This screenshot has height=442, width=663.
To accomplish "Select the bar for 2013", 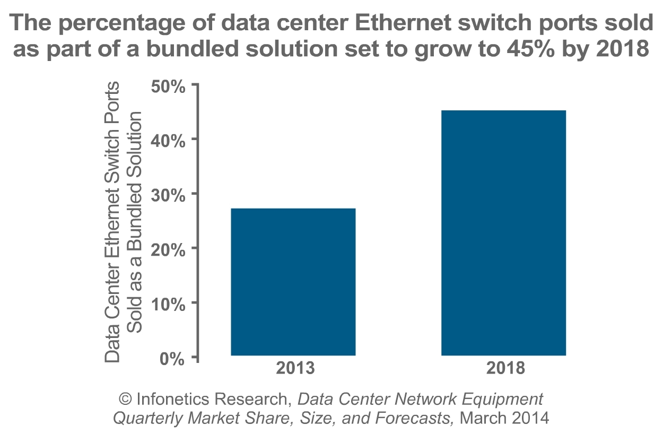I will coord(293,282).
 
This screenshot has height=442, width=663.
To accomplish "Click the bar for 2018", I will coord(503,233).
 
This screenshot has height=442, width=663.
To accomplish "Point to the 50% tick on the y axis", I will coord(168,85).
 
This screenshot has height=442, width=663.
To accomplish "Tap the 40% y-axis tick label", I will coord(168,140).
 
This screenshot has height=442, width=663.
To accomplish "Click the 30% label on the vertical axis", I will coord(168,195).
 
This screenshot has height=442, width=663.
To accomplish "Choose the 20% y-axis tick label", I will coord(168,249).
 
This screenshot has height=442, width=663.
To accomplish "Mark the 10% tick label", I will coord(168,304).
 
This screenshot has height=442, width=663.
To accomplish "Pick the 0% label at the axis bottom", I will coord(173,359).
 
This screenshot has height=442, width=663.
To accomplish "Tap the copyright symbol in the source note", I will coord(126,399).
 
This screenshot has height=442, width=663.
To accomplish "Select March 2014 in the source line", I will coord(504,418).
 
